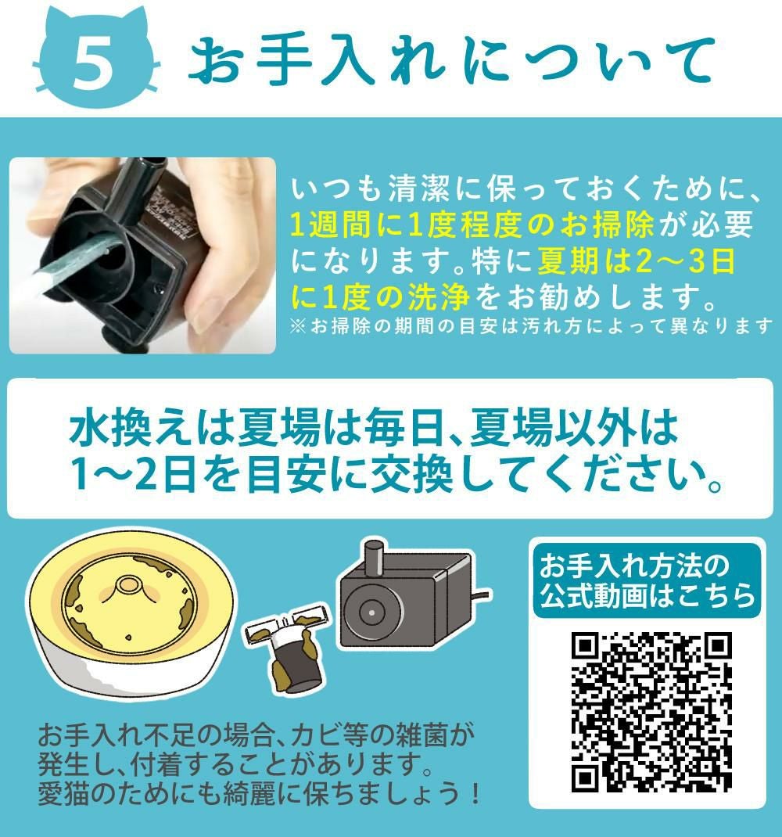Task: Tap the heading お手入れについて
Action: [451, 61]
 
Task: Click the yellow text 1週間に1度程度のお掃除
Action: [472, 225]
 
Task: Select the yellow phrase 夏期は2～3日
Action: [636, 260]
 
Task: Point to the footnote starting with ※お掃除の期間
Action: [531, 325]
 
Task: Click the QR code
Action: [651, 712]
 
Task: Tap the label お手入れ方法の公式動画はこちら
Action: [647, 580]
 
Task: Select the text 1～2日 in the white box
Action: [134, 473]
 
